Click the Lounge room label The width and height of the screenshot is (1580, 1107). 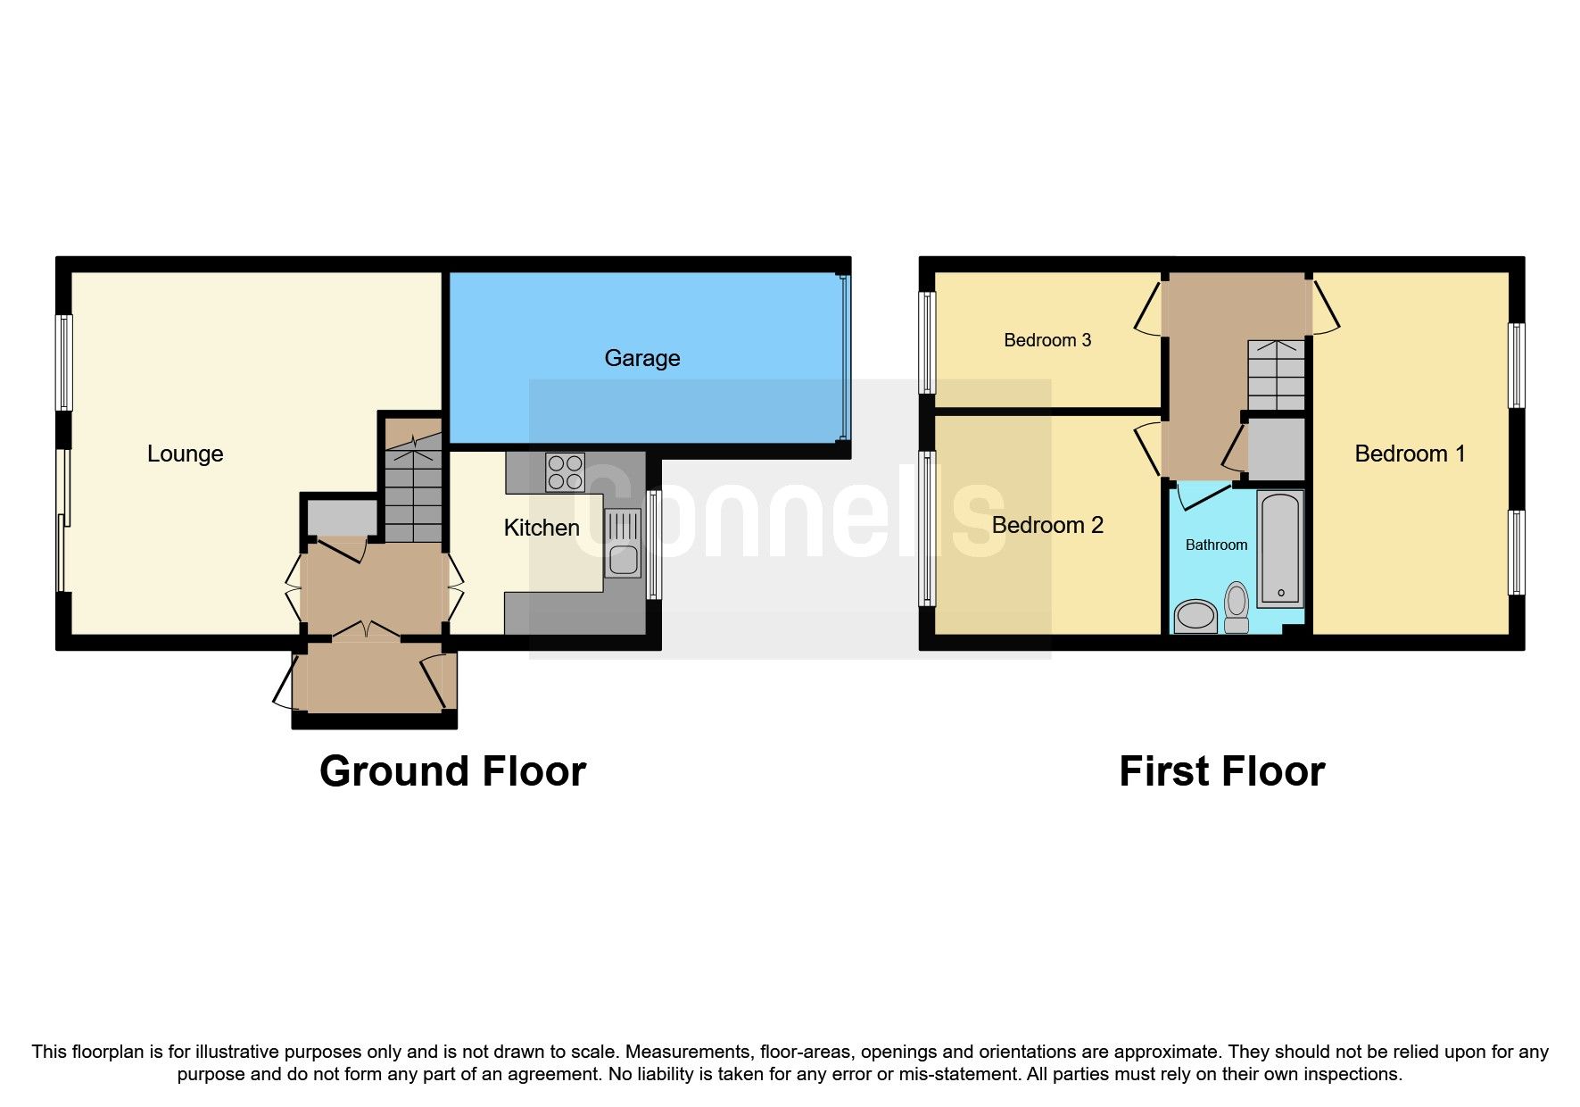click(x=185, y=454)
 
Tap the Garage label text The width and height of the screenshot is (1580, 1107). click(x=641, y=358)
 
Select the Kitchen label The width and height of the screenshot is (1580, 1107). click(x=541, y=528)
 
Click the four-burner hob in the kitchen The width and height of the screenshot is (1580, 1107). click(x=566, y=473)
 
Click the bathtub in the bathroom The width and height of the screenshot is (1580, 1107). click(x=1280, y=549)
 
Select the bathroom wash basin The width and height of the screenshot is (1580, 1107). click(x=1195, y=616)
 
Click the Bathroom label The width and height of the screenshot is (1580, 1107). click(x=1216, y=545)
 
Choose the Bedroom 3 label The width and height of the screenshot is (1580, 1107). click(x=1047, y=340)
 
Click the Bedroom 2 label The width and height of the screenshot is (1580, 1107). click(x=1047, y=525)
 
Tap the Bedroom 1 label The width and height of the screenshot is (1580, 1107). click(x=1410, y=454)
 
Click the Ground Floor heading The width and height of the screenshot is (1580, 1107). click(x=452, y=771)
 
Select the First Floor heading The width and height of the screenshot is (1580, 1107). click(x=1221, y=771)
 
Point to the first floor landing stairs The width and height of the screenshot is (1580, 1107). click(x=1277, y=375)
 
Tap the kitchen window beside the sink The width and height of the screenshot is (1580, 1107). click(x=654, y=544)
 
